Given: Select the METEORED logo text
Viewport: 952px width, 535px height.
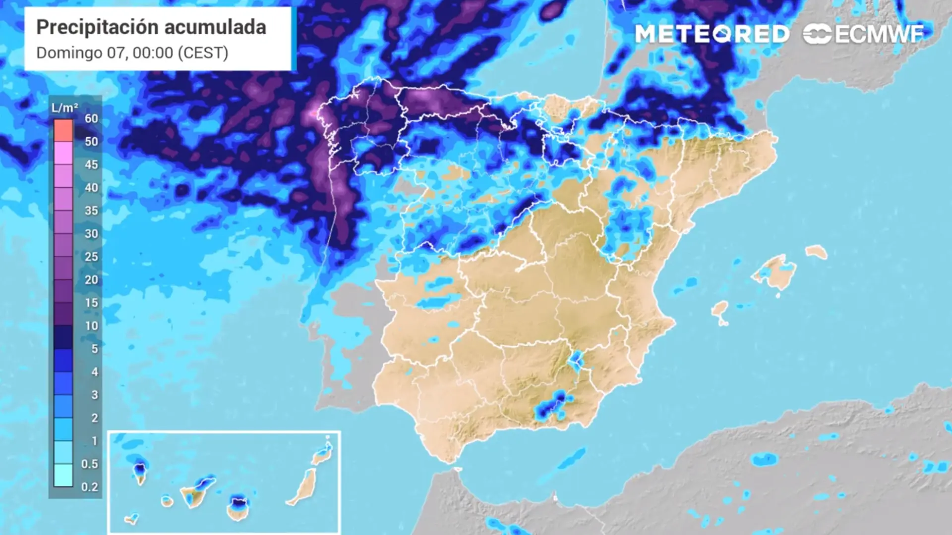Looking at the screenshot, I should click(x=712, y=34).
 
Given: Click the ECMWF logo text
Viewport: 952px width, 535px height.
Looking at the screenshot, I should click(x=879, y=34).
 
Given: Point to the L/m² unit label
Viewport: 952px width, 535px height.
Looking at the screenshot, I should click(x=64, y=107).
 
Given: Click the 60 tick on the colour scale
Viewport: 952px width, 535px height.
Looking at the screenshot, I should click(x=91, y=118).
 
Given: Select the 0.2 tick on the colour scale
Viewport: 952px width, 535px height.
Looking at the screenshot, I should click(x=90, y=487).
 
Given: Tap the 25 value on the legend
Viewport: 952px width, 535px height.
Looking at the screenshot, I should click(x=91, y=257).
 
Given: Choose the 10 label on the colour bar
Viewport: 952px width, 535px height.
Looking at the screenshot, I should click(x=91, y=326).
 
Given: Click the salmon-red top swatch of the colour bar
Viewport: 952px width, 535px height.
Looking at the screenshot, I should click(x=63, y=130).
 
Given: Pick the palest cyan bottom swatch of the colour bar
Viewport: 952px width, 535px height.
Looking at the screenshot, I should click(x=63, y=475).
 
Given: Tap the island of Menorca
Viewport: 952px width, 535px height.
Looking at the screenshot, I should click(x=816, y=252).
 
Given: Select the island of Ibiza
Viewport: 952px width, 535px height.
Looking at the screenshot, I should click(x=719, y=311).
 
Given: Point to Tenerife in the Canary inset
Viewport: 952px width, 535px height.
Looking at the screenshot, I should click(x=193, y=493).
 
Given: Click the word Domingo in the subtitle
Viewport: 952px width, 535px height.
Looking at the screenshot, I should click(x=69, y=53).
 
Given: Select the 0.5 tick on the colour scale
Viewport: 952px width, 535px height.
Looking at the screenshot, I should click(x=90, y=464).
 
